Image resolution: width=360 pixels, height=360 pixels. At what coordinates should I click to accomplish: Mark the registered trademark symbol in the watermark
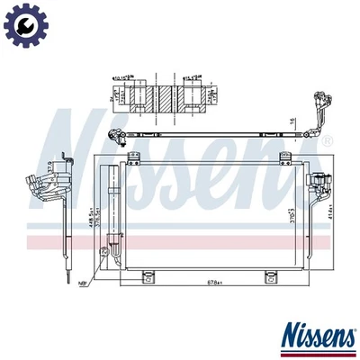coord(327,141)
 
